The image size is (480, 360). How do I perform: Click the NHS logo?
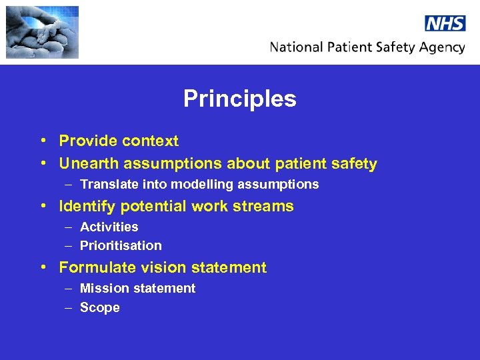pos(445,23)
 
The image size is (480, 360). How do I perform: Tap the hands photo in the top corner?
pos(42,32)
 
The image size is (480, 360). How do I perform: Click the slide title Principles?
pos(240,99)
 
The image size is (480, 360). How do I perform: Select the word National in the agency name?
pos(297,47)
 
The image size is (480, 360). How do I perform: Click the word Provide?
pos(84,141)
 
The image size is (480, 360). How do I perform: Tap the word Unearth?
pos(87,163)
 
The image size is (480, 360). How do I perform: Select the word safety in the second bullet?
pos(357,164)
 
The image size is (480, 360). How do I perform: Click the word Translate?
pos(107,184)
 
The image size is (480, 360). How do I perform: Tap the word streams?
pos(268,207)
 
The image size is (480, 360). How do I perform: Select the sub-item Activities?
pos(109,227)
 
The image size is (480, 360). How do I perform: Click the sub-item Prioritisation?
pos(121,245)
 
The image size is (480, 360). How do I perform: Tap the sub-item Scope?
pos(100,307)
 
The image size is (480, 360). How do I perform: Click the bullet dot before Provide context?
pos(42,141)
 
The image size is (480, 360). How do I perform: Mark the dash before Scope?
pos(70,307)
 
